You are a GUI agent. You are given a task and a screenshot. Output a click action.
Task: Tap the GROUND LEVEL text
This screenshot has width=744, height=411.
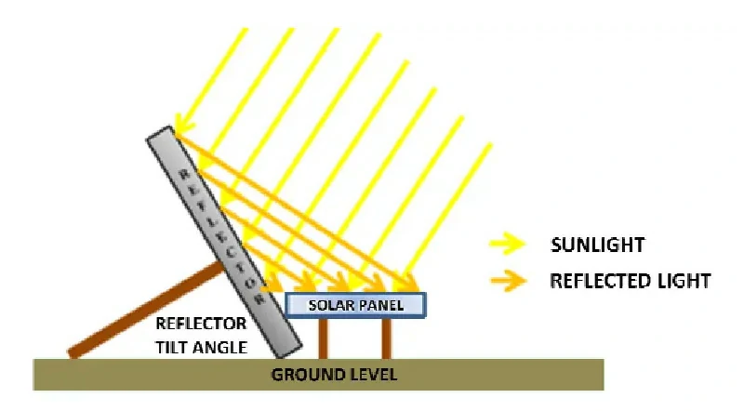334,376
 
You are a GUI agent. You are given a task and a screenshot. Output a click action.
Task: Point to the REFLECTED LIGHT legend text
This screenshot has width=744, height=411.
630,280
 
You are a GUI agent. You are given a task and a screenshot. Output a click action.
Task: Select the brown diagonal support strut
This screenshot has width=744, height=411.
149,308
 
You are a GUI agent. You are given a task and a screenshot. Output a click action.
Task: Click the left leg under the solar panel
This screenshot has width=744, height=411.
324,338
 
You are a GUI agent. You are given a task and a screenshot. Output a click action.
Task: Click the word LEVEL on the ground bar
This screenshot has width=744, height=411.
372,376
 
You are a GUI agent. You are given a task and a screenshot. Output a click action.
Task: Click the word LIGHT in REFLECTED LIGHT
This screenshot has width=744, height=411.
684,280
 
